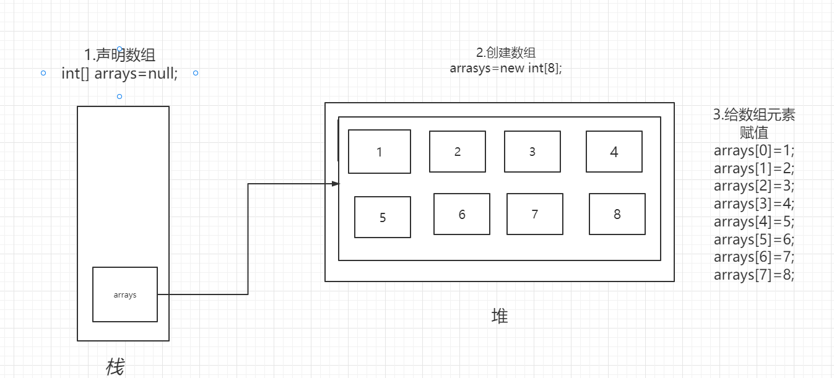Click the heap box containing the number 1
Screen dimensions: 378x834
tap(379, 152)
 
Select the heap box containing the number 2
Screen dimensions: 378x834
tap(457, 152)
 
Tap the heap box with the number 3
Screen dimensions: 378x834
tap(532, 152)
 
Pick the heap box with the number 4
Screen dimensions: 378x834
tap(614, 152)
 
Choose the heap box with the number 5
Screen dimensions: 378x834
tap(382, 217)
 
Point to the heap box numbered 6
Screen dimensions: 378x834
tap(461, 214)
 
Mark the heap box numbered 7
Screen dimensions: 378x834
tap(534, 214)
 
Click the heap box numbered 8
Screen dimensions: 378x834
tap(617, 214)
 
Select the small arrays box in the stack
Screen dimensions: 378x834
tap(124, 294)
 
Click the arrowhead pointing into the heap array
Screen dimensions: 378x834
tap(336, 184)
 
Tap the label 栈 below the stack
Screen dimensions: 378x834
tap(115, 367)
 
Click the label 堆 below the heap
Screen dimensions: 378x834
tap(499, 316)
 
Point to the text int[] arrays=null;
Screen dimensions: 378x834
tap(119, 74)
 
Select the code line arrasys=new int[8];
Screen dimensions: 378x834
tap(506, 68)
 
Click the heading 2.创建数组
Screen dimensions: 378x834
tap(506, 53)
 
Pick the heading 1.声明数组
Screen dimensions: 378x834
tap(119, 56)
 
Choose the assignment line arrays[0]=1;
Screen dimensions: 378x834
tap(754, 150)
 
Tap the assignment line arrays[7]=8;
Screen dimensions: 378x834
tap(754, 275)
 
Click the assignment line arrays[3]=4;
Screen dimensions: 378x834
tap(754, 204)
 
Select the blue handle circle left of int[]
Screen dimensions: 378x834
tap(43, 73)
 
